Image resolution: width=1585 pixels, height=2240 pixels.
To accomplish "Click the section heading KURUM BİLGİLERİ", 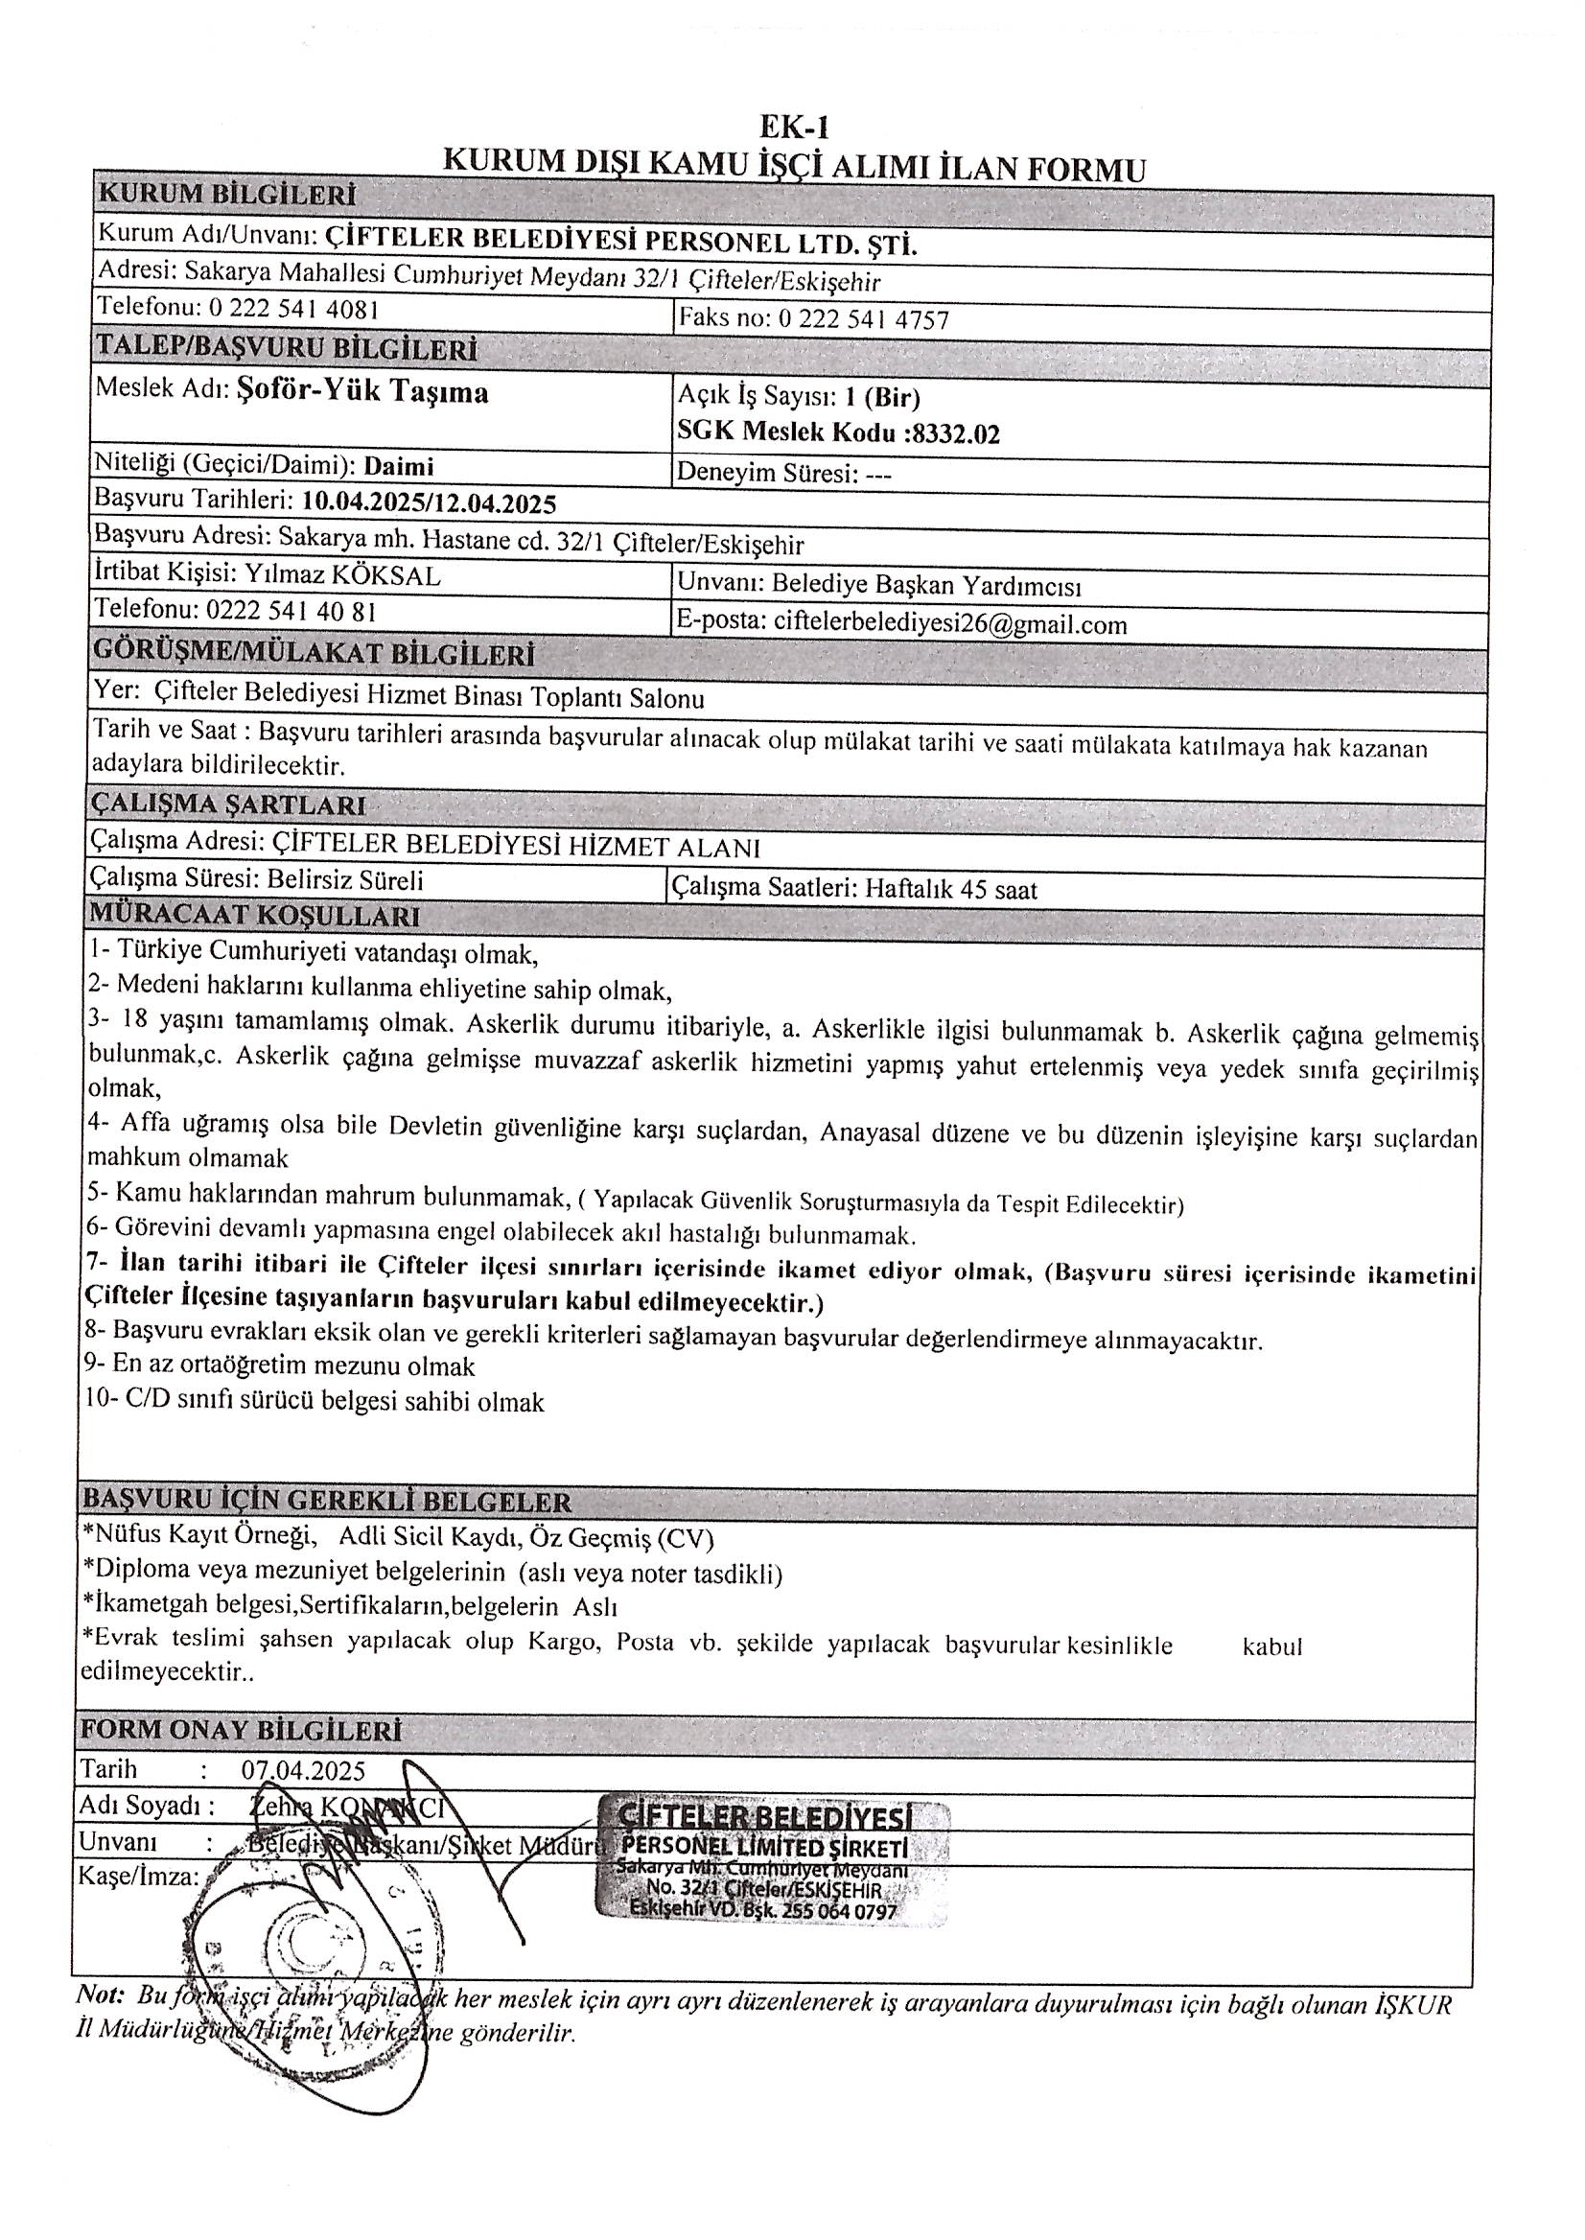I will (x=226, y=195).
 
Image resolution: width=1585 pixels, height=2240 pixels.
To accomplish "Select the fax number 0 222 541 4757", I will (x=863, y=319).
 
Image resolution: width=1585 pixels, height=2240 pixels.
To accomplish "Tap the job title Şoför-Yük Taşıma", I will (x=363, y=391).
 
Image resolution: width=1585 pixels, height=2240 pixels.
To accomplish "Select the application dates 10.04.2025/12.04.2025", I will (x=429, y=502).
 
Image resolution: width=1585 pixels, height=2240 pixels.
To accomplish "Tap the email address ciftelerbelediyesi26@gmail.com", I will (x=949, y=623).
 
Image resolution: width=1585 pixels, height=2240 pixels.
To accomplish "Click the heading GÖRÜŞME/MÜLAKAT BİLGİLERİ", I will (x=313, y=652).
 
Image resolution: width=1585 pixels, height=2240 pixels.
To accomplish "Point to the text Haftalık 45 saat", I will (x=950, y=889).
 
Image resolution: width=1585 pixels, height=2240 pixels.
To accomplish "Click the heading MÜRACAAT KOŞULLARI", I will (x=255, y=917).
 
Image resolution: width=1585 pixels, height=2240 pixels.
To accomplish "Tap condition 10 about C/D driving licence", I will (x=315, y=1402).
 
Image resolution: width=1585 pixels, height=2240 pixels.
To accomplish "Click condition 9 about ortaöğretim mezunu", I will (x=281, y=1364).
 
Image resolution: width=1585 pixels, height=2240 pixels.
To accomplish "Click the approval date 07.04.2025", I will (x=304, y=1769).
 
